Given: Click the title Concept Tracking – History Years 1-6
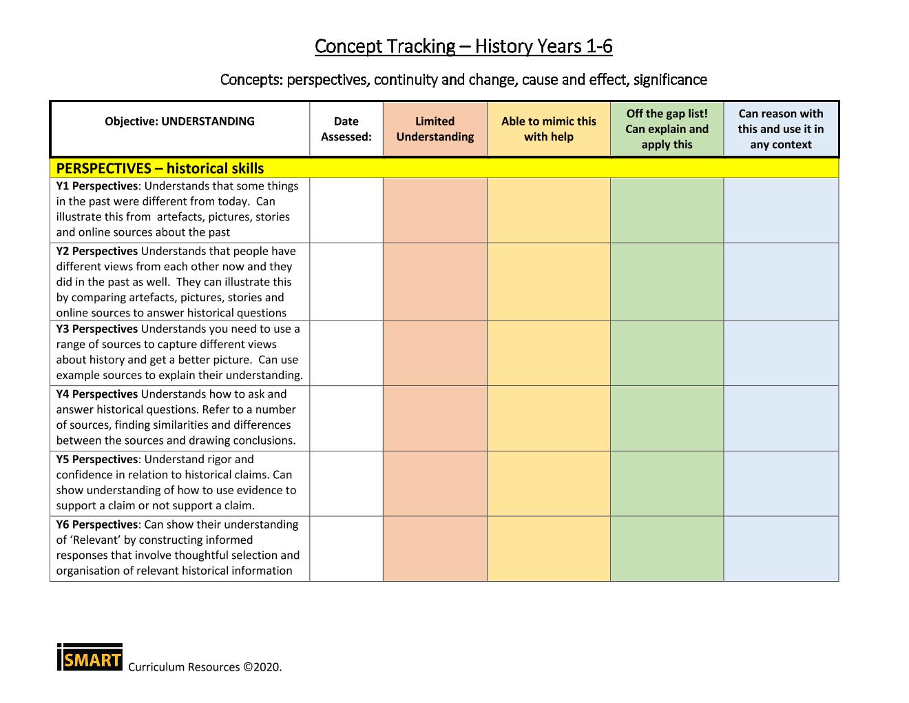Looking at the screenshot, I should tap(463, 46).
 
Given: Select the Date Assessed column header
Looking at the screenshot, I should tap(346, 129).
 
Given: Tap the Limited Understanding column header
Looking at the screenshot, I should tap(435, 129).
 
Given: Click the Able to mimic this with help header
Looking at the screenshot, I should tap(548, 129).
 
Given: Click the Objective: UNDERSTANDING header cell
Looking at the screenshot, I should tap(180, 121).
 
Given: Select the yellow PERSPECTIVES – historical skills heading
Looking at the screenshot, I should tap(160, 168).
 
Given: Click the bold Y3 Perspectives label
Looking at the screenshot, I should tap(97, 329).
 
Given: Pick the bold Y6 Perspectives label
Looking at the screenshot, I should tap(97, 524).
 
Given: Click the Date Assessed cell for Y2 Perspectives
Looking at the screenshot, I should tap(346, 281).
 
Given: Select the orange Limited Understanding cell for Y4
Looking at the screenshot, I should tap(435, 418).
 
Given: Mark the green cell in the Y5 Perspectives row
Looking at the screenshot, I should tap(667, 483).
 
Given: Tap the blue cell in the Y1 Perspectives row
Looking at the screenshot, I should tap(781, 210).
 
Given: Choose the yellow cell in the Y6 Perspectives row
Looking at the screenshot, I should tap(548, 548).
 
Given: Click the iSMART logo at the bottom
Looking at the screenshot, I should tap(90, 658).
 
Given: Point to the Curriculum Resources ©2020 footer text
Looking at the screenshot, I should tap(205, 667).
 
